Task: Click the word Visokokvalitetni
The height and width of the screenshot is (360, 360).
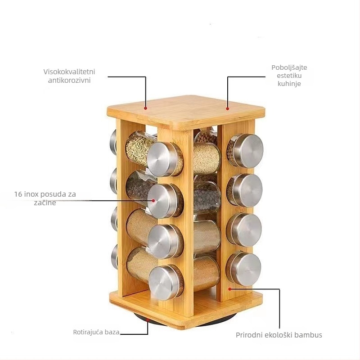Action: tap(69, 72)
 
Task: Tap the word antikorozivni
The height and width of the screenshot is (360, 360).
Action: tap(69, 81)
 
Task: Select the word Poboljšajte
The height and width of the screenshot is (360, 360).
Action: tap(289, 68)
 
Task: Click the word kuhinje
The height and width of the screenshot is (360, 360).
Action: tap(289, 84)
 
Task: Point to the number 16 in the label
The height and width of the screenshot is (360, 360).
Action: tap(18, 194)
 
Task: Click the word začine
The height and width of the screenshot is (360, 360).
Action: tap(45, 203)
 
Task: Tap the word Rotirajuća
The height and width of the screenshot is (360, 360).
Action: tap(88, 332)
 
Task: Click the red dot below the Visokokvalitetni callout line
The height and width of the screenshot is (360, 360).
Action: tap(145, 108)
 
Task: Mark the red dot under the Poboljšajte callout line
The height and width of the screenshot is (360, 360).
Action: tap(227, 108)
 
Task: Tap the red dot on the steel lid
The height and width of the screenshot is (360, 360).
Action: tap(153, 200)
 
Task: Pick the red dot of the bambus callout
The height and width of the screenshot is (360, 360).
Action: tap(229, 289)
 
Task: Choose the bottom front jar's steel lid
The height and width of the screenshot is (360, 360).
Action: tap(166, 283)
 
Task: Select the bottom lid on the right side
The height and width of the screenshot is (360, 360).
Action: tap(244, 269)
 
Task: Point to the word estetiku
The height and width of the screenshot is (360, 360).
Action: tap(289, 76)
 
